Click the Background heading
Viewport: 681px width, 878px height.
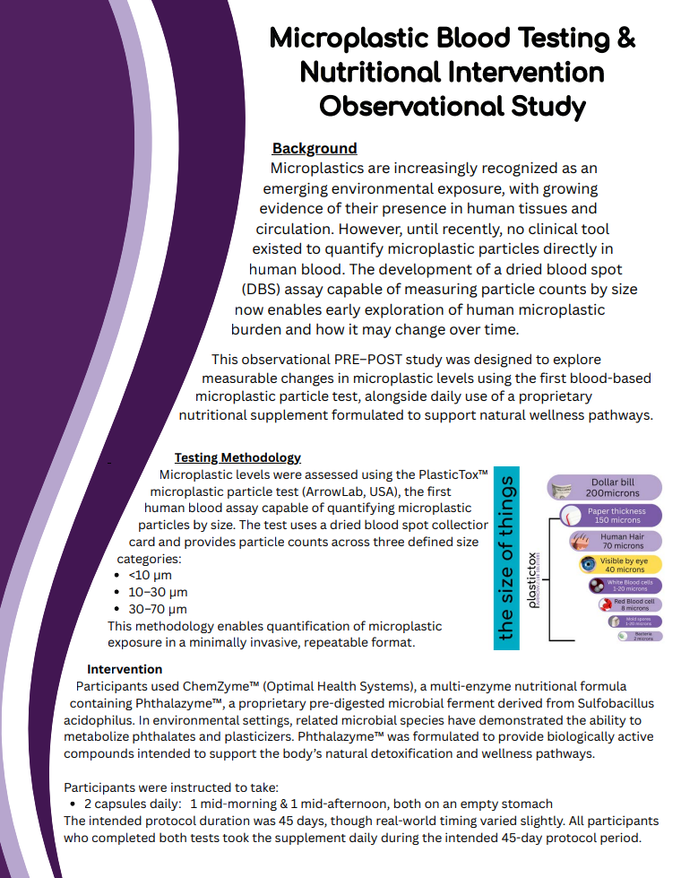tap(315, 149)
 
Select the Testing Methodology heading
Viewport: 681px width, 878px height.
tap(237, 457)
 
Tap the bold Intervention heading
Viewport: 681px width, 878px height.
tap(125, 669)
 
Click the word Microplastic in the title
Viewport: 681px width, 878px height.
tap(349, 39)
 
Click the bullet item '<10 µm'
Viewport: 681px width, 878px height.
tap(150, 575)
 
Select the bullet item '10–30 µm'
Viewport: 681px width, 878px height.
tap(157, 592)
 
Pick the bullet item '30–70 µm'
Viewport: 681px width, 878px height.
tap(158, 609)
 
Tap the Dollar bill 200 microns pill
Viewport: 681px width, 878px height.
tap(605, 488)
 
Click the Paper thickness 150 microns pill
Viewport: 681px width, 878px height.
tap(611, 516)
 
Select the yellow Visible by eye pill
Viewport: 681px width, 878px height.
tap(619, 565)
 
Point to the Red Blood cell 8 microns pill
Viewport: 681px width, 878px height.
tap(629, 605)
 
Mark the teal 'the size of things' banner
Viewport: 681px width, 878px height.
tap(507, 557)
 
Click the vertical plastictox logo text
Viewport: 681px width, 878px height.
tap(535, 580)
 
